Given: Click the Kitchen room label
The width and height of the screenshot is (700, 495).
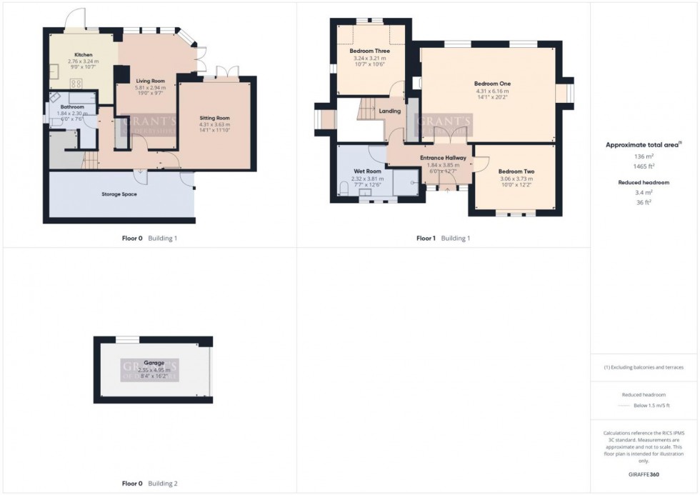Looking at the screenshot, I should [x=83, y=54].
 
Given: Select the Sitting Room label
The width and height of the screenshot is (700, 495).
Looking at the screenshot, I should [x=214, y=118].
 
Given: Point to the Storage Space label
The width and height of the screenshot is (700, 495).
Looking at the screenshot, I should [x=119, y=194].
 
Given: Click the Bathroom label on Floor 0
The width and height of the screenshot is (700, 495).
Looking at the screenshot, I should [x=72, y=107].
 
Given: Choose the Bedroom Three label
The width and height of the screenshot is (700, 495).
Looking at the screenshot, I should [x=369, y=51].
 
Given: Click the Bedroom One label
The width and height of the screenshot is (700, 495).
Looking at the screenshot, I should [x=492, y=84].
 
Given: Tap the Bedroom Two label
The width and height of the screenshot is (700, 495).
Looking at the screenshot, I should [x=516, y=171].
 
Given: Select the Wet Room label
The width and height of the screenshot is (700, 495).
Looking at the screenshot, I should [x=367, y=171].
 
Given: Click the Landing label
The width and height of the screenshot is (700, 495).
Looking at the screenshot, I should [x=390, y=111].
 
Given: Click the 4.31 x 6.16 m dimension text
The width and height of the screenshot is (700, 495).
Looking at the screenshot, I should [x=492, y=91].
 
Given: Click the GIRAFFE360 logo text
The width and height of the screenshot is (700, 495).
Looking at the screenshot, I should [x=644, y=474].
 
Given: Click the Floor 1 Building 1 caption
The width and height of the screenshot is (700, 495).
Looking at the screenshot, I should [x=443, y=238].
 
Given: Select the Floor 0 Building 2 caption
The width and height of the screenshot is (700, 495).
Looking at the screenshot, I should [x=149, y=484].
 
